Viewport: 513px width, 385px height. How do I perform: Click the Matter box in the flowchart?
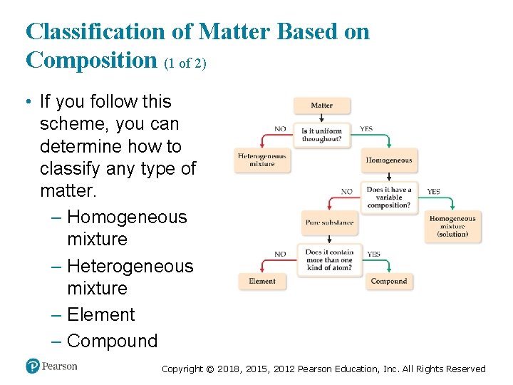coord(322,106)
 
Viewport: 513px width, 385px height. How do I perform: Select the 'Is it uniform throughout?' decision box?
coord(322,135)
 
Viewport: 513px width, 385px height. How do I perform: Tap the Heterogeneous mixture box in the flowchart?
coord(262,160)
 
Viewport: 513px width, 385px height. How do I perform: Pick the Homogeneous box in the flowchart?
coord(389,160)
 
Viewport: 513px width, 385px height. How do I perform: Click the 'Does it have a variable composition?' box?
coord(389,197)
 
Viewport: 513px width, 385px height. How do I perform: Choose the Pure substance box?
coord(329,222)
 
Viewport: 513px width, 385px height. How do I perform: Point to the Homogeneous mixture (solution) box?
coord(453,227)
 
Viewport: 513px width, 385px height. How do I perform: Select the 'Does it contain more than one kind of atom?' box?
coord(328,260)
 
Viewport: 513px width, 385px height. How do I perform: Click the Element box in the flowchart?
coord(262,282)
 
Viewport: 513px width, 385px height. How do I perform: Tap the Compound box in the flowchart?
coord(389,282)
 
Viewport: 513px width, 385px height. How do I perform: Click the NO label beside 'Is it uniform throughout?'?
coord(281,129)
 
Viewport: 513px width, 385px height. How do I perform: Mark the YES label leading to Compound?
coord(373,254)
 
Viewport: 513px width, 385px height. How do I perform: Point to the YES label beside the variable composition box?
coord(433,192)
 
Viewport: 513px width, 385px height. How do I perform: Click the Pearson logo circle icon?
coord(32,366)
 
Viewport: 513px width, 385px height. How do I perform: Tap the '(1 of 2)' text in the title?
coord(185,63)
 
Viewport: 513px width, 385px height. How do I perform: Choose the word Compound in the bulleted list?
coord(112,341)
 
